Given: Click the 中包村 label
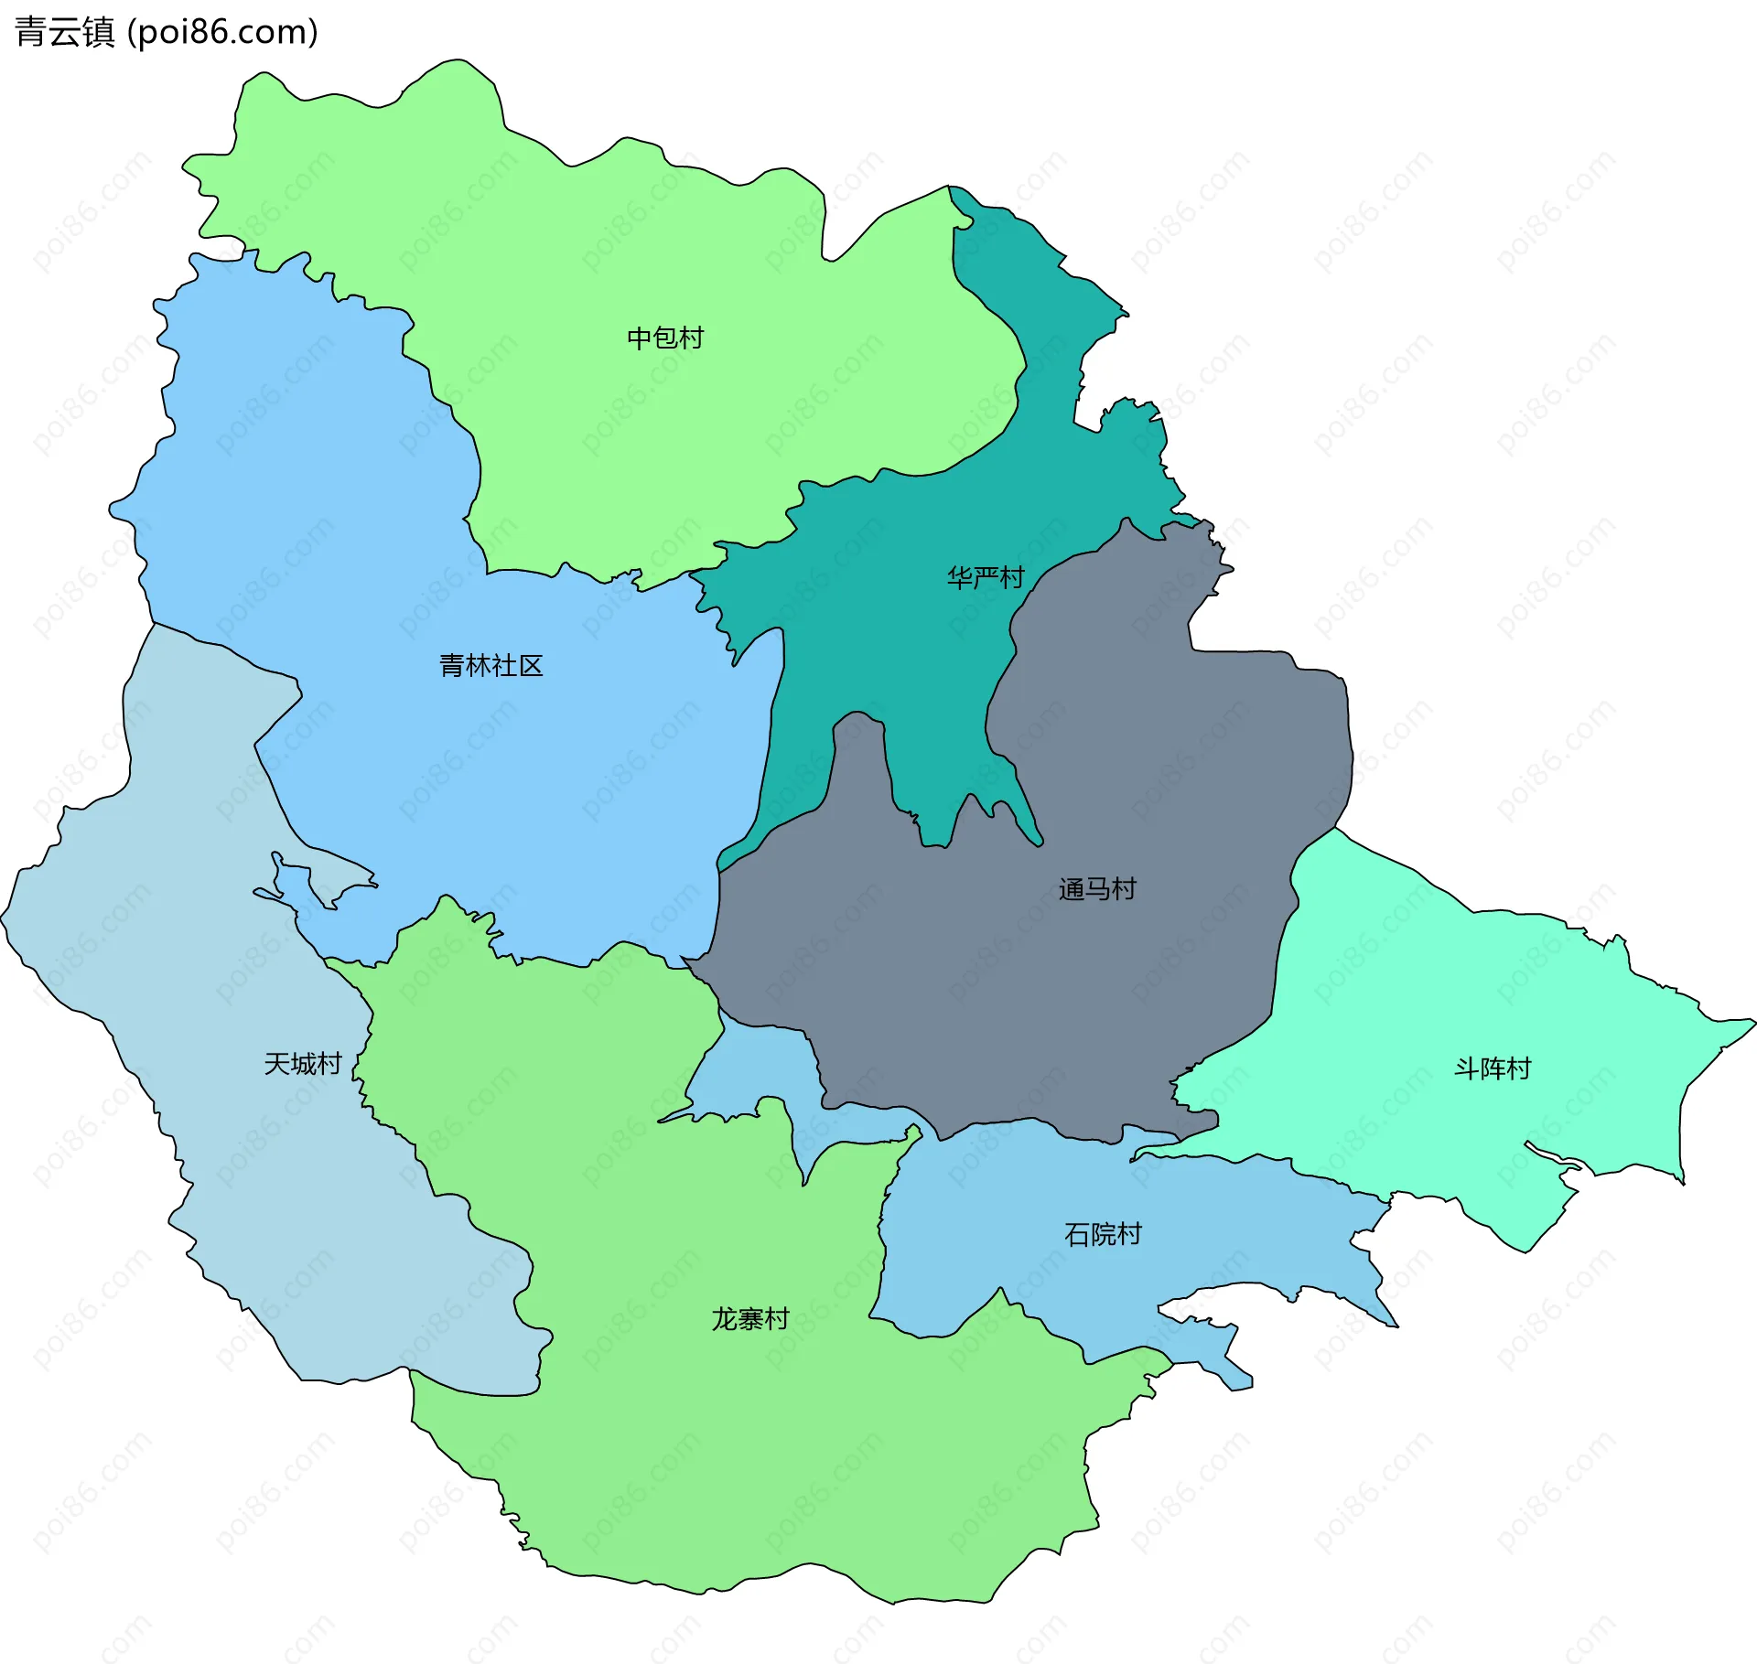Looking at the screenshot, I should coord(665,338).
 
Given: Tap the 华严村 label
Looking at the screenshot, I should coord(985,577).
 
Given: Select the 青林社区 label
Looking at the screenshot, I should coord(491,665).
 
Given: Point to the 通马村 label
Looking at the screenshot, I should coord(1097,888).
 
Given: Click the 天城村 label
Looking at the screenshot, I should coord(303,1063).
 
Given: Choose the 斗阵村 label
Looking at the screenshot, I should coord(1493,1068).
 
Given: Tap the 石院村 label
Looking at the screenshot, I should coord(1103,1234).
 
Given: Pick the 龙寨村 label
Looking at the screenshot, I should coord(750,1318).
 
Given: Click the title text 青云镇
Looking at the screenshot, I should coord(64,32).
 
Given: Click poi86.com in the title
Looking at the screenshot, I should coord(222,32).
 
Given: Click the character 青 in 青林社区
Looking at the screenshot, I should coord(453,665).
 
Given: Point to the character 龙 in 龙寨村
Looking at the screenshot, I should coord(725,1318).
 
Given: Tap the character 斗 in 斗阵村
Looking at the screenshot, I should coord(1467,1068).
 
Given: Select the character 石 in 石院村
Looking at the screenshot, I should coord(1077,1234).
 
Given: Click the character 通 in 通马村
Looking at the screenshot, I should coord(1072,888).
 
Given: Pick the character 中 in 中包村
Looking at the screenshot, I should coord(640,338).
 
